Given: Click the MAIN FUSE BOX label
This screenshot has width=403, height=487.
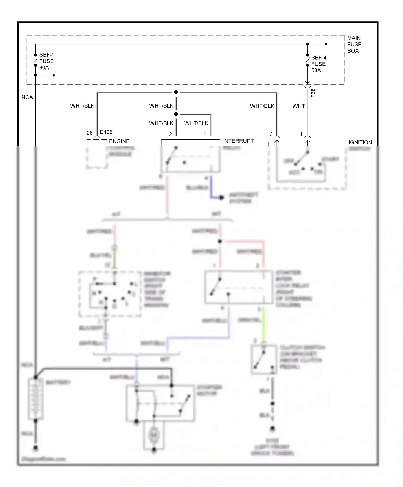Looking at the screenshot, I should click(x=354, y=44).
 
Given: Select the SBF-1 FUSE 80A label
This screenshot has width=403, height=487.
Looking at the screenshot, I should click(x=46, y=61).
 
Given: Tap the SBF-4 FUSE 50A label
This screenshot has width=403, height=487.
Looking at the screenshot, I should click(x=319, y=64).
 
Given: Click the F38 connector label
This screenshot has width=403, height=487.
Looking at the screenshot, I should click(x=313, y=93).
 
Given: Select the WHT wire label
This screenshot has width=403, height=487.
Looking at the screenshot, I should click(x=298, y=106).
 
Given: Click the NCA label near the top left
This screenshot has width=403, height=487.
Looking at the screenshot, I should click(x=27, y=97).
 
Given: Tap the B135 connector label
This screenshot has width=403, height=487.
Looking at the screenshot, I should click(x=106, y=132).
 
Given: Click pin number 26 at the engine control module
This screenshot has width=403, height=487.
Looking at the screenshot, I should click(x=89, y=133).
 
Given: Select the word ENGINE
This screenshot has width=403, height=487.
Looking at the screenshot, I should click(x=119, y=141).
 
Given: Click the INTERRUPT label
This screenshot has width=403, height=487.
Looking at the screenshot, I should click(x=238, y=141).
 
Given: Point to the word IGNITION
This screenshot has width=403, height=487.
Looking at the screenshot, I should click(x=360, y=143).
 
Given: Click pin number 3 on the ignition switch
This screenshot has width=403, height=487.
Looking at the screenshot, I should click(x=271, y=134).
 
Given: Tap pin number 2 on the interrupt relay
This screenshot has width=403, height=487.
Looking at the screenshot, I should click(x=170, y=134).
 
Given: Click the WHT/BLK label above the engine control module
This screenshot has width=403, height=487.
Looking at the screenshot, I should click(x=82, y=106).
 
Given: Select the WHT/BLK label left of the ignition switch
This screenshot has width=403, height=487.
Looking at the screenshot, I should click(x=262, y=106).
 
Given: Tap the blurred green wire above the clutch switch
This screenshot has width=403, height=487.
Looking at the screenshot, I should click(x=264, y=325).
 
